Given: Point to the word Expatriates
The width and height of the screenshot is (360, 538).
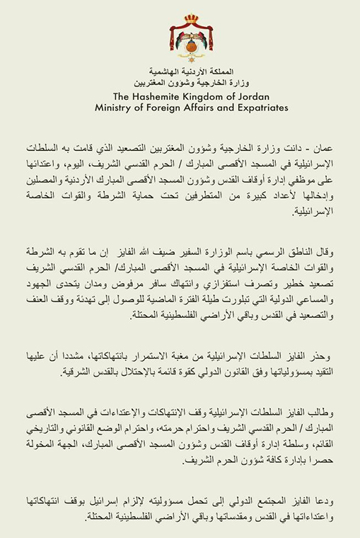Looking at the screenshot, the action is (243, 108).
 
